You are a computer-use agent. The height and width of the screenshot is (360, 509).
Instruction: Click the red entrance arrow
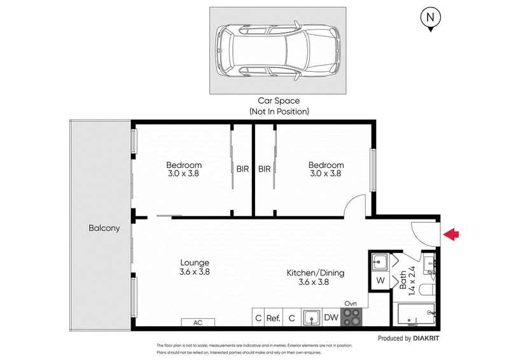pos(451,235)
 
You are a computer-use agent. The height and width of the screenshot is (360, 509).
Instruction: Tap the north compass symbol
pos(431,19)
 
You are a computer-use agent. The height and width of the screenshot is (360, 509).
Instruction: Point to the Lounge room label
pos(195,262)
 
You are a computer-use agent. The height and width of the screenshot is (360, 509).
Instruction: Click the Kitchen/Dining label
pos(316,273)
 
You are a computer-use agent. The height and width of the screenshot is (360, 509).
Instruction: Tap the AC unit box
pos(198,322)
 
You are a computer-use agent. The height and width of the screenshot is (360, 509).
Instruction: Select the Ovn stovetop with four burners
pos(352,317)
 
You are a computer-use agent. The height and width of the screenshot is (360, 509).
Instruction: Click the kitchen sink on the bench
pos(311,317)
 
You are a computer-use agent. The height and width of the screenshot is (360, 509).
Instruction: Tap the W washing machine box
pos(380,280)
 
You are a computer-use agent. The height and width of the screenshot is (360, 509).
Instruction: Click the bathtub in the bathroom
pos(417,314)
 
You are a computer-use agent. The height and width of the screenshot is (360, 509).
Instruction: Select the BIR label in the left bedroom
pos(242,169)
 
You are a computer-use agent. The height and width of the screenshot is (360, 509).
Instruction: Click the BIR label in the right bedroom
pos(264,169)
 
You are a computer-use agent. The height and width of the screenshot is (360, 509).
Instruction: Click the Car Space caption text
pos(278,106)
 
